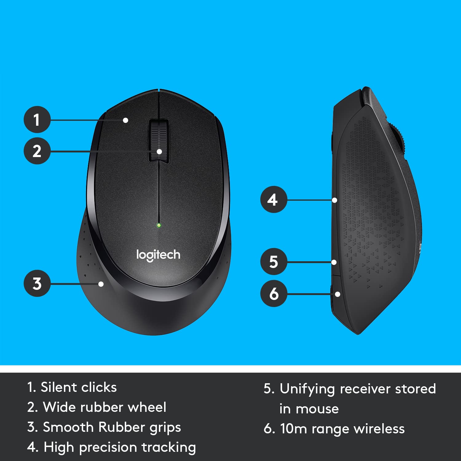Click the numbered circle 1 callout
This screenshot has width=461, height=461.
point(37,120)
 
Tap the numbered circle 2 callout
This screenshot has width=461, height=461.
point(37,151)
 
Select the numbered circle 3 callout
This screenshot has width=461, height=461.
point(37,283)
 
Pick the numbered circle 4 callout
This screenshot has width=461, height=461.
point(274,200)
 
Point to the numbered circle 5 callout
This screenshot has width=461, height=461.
point(274,262)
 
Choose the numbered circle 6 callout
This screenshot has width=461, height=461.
point(274,294)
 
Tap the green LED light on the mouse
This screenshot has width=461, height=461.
point(159,225)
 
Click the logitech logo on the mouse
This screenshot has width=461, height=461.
point(158,255)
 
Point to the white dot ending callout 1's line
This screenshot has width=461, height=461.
point(125,120)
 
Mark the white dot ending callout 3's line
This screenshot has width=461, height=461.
point(101,284)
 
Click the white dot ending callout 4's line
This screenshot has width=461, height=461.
point(335,200)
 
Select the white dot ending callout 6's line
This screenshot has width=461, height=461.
point(337,294)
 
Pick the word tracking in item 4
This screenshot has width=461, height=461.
point(169,448)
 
